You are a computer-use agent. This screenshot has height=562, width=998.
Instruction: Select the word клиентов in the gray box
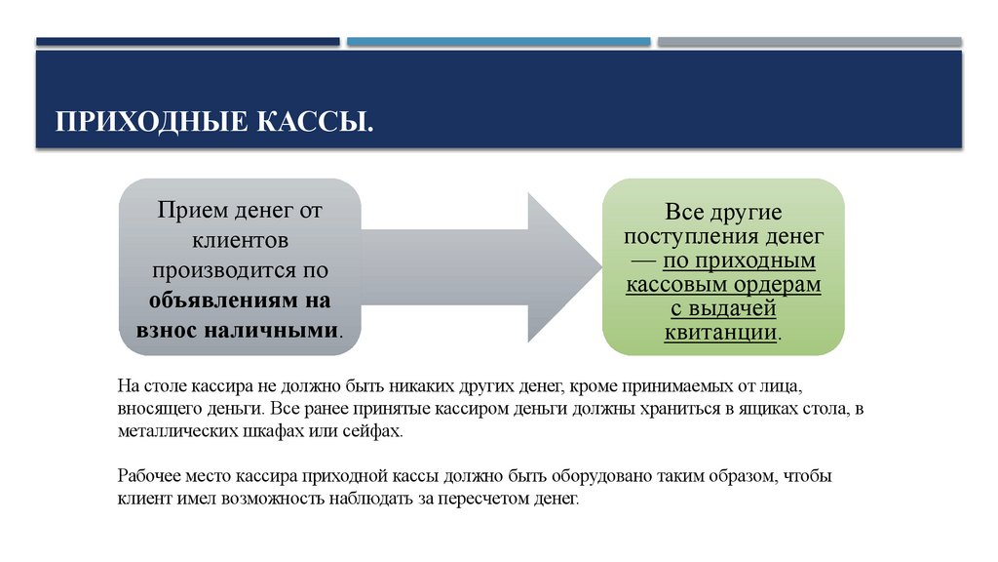click(240, 239)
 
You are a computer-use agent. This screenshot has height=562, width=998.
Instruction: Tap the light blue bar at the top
click(498, 42)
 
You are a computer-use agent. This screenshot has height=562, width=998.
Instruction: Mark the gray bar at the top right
click(809, 42)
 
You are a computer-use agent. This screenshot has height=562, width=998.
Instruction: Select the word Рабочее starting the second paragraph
click(148, 477)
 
